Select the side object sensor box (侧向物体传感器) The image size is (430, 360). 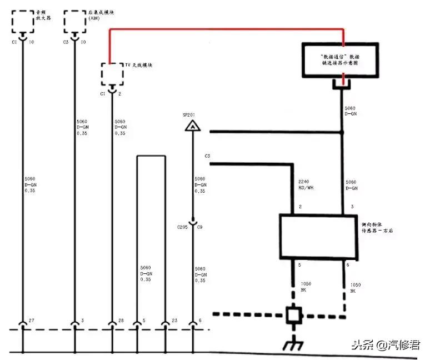(x=317, y=236)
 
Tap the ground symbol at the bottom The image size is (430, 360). (x=292, y=344)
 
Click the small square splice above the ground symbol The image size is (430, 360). (x=293, y=316)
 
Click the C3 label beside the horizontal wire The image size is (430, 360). (x=207, y=156)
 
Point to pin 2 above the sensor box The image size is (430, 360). (x=299, y=207)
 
